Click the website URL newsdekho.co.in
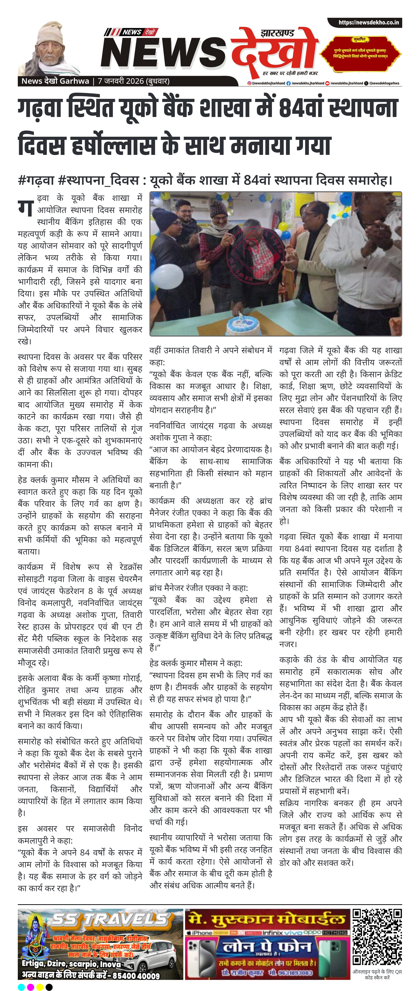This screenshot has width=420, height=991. click(368, 22)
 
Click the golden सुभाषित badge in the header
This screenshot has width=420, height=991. click(361, 52)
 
